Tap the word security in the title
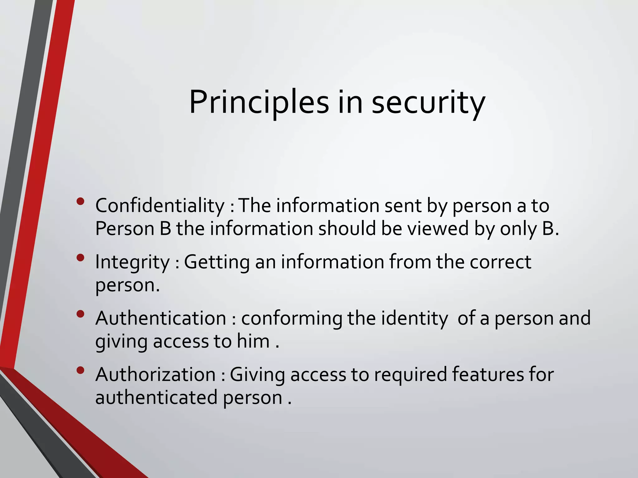pos(428,103)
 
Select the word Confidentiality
pos(160,206)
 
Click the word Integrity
pos(132,262)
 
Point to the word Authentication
pos(161,318)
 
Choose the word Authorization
pos(155,374)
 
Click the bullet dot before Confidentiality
pos(80,201)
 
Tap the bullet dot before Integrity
pos(80,258)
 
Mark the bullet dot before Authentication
pos(80,314)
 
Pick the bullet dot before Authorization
pos(80,370)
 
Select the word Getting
pos(217,262)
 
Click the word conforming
pos(292,318)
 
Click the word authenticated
pos(156,398)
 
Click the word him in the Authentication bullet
pos(253,341)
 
